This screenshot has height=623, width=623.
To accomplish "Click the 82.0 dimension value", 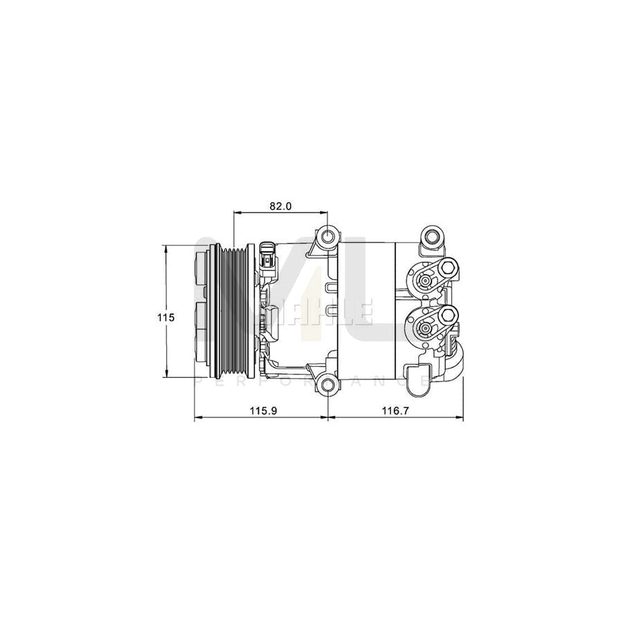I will tap(282, 206).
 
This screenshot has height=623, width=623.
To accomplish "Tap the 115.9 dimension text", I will tap(263, 411).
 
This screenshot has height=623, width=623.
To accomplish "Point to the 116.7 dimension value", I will tap(396, 411).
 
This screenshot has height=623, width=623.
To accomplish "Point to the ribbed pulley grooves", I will tap(235, 311).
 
